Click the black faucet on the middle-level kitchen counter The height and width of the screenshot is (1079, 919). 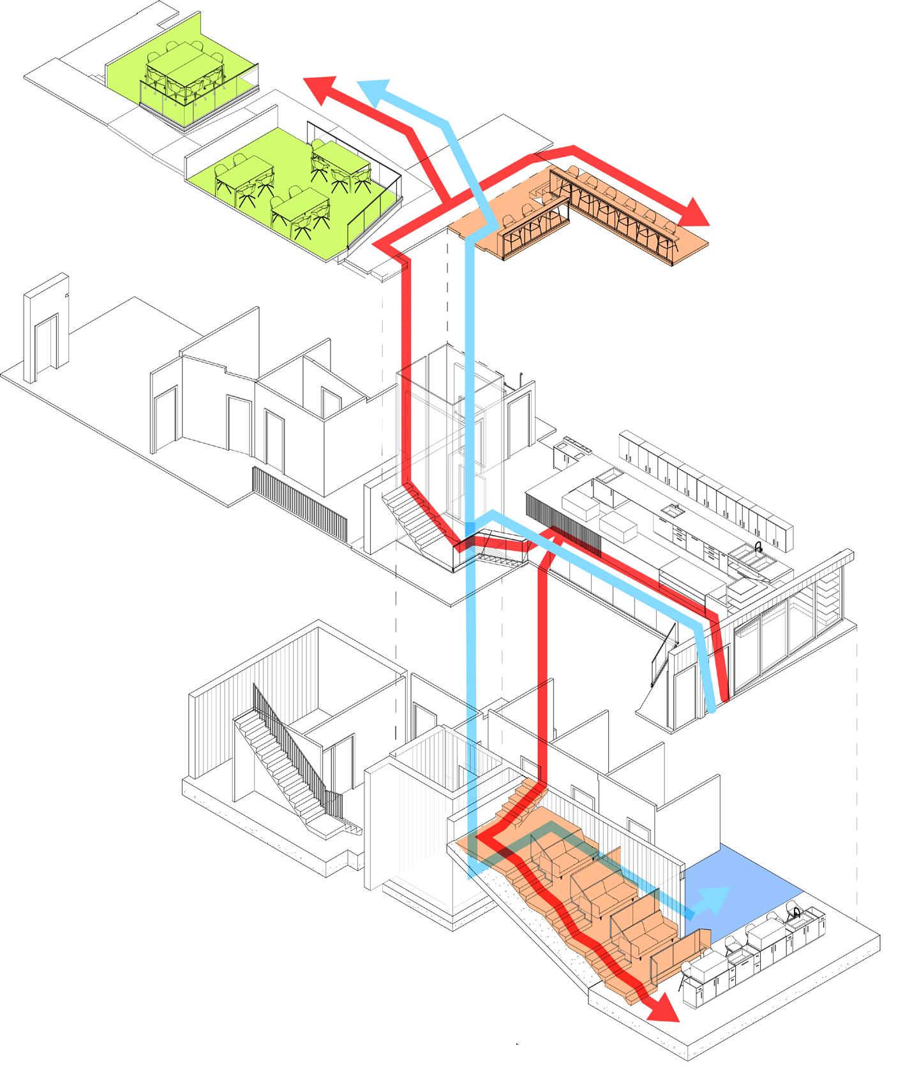[758, 548]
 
